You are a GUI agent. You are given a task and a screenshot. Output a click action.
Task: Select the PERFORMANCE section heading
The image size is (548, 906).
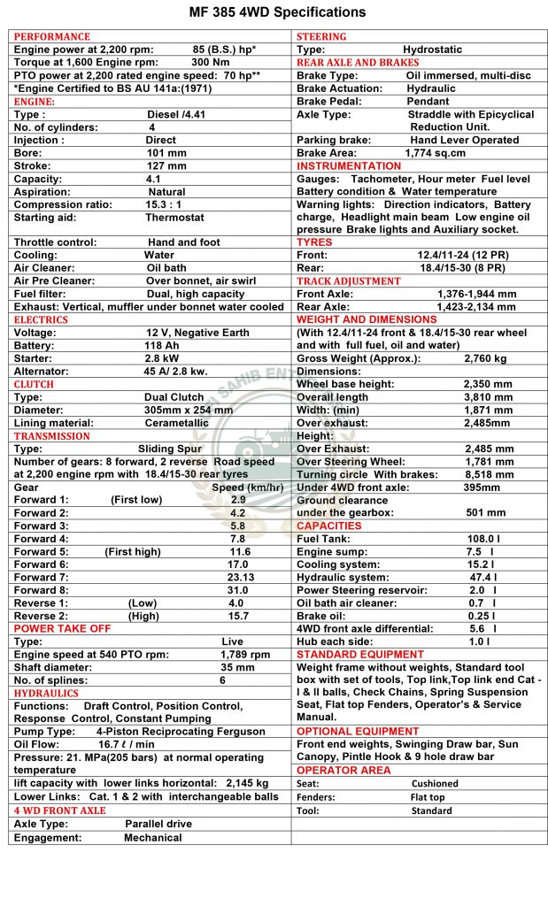52,36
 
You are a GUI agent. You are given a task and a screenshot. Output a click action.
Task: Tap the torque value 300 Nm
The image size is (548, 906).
212,62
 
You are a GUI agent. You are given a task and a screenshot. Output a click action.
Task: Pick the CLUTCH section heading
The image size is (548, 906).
34,384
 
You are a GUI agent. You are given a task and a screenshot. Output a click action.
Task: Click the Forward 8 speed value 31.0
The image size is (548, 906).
237,590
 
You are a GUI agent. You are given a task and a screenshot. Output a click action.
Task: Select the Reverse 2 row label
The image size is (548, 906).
41,616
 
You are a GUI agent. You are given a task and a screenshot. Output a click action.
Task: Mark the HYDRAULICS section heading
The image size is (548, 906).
46,693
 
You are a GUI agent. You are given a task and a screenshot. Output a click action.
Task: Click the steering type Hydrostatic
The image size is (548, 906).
432,50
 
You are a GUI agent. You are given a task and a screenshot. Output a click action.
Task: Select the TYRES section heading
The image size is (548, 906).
314,242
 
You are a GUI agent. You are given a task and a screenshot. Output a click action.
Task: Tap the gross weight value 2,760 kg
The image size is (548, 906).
485,358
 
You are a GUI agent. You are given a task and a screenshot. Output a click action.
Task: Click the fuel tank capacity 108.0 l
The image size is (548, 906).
483,539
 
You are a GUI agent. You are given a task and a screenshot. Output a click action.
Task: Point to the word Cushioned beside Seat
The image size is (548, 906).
435,783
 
